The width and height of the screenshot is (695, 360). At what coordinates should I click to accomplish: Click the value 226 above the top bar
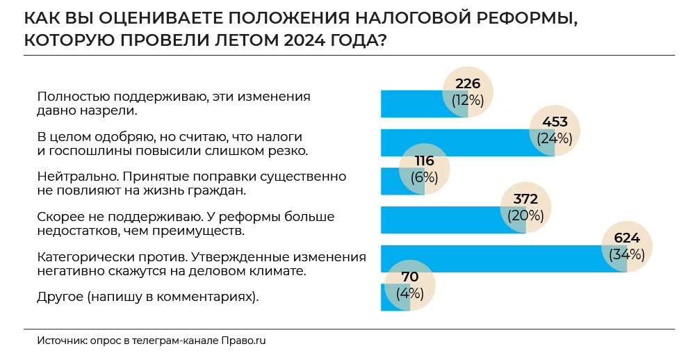[x=468, y=84]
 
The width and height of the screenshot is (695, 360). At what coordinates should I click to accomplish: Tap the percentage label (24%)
[x=554, y=138]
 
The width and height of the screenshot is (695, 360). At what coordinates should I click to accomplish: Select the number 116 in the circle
[x=424, y=161]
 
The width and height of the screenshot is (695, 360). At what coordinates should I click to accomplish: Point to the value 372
[x=525, y=200]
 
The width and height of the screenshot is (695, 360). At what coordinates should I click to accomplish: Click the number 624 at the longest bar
[x=627, y=238]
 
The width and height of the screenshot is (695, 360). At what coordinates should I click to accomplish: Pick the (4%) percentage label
[x=409, y=293]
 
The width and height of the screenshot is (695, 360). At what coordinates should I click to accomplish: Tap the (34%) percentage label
[x=627, y=254]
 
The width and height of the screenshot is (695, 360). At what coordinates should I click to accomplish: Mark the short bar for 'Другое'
[x=388, y=297]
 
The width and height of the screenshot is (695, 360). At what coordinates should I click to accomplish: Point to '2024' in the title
[x=302, y=40]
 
